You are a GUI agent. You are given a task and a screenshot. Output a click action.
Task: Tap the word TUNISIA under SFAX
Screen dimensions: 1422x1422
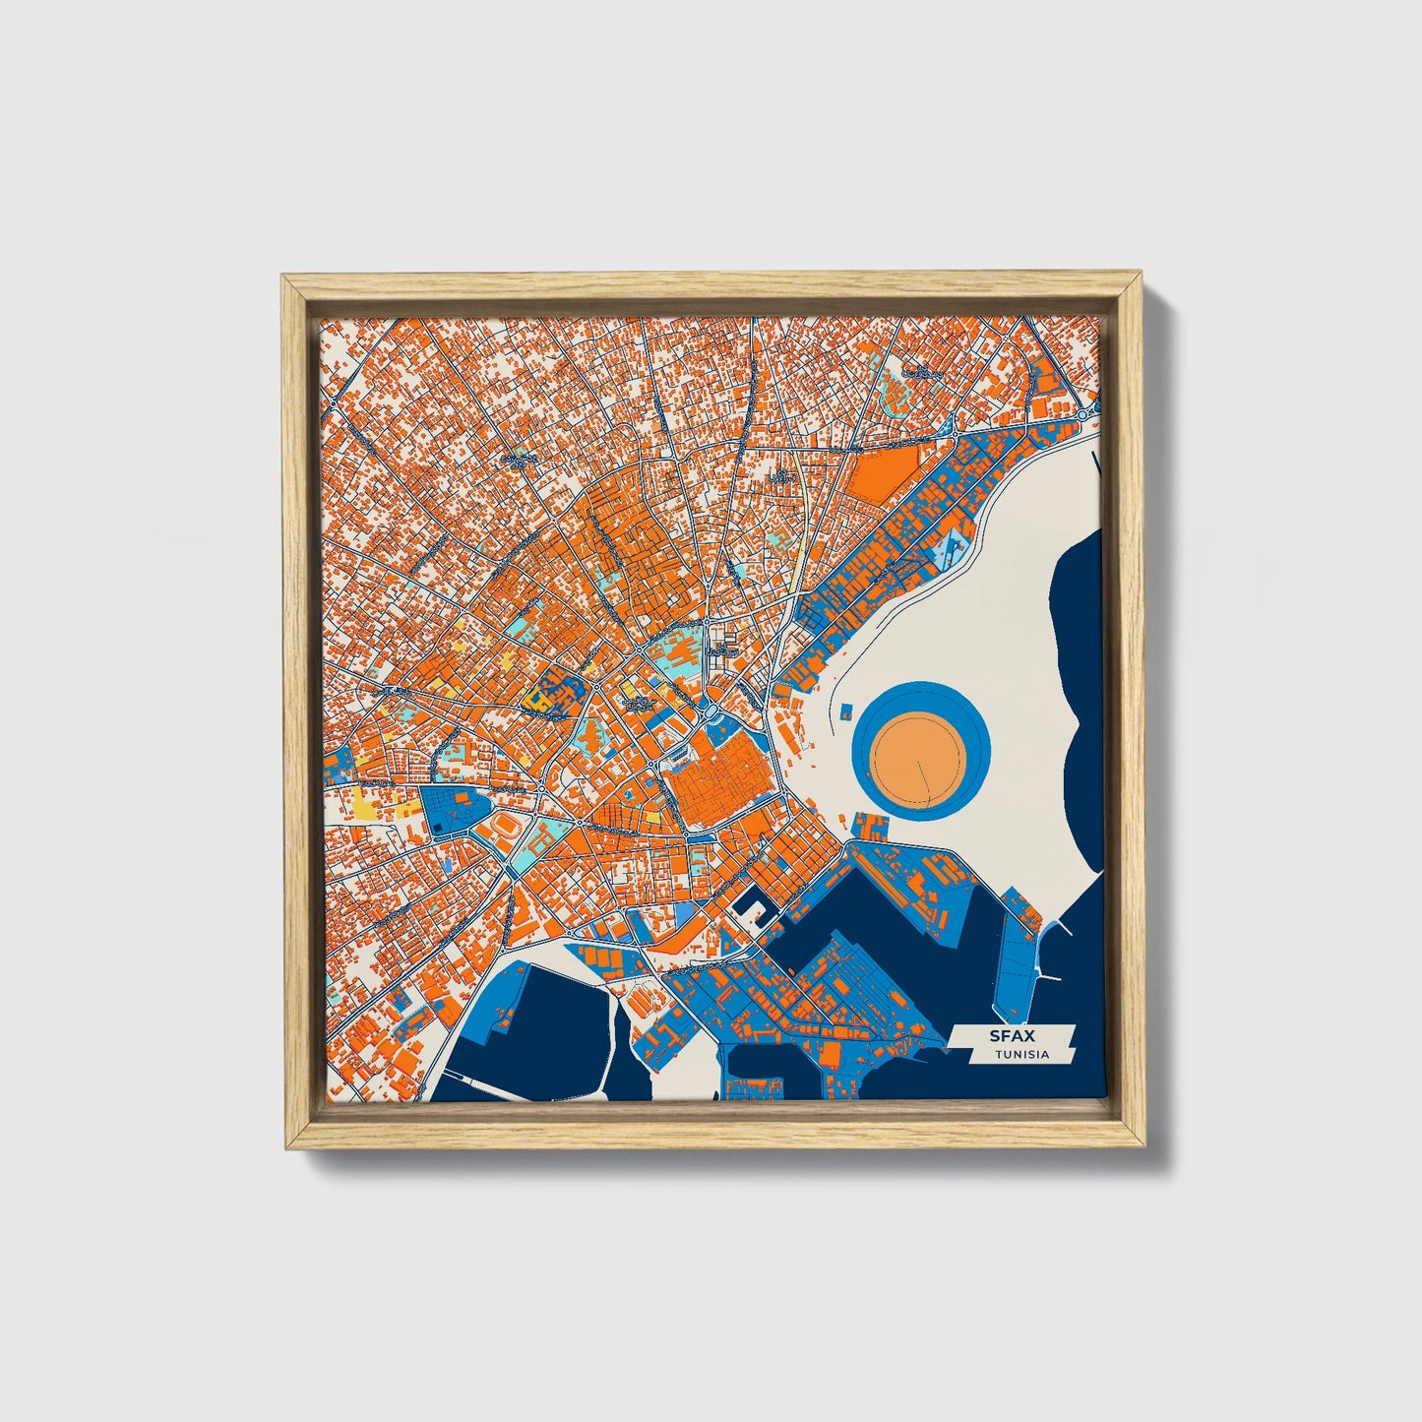click(1021, 1055)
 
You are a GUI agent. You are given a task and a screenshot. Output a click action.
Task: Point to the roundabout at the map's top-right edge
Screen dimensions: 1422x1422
click(1084, 415)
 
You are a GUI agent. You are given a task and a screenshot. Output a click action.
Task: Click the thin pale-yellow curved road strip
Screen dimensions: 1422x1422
click(802, 531)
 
